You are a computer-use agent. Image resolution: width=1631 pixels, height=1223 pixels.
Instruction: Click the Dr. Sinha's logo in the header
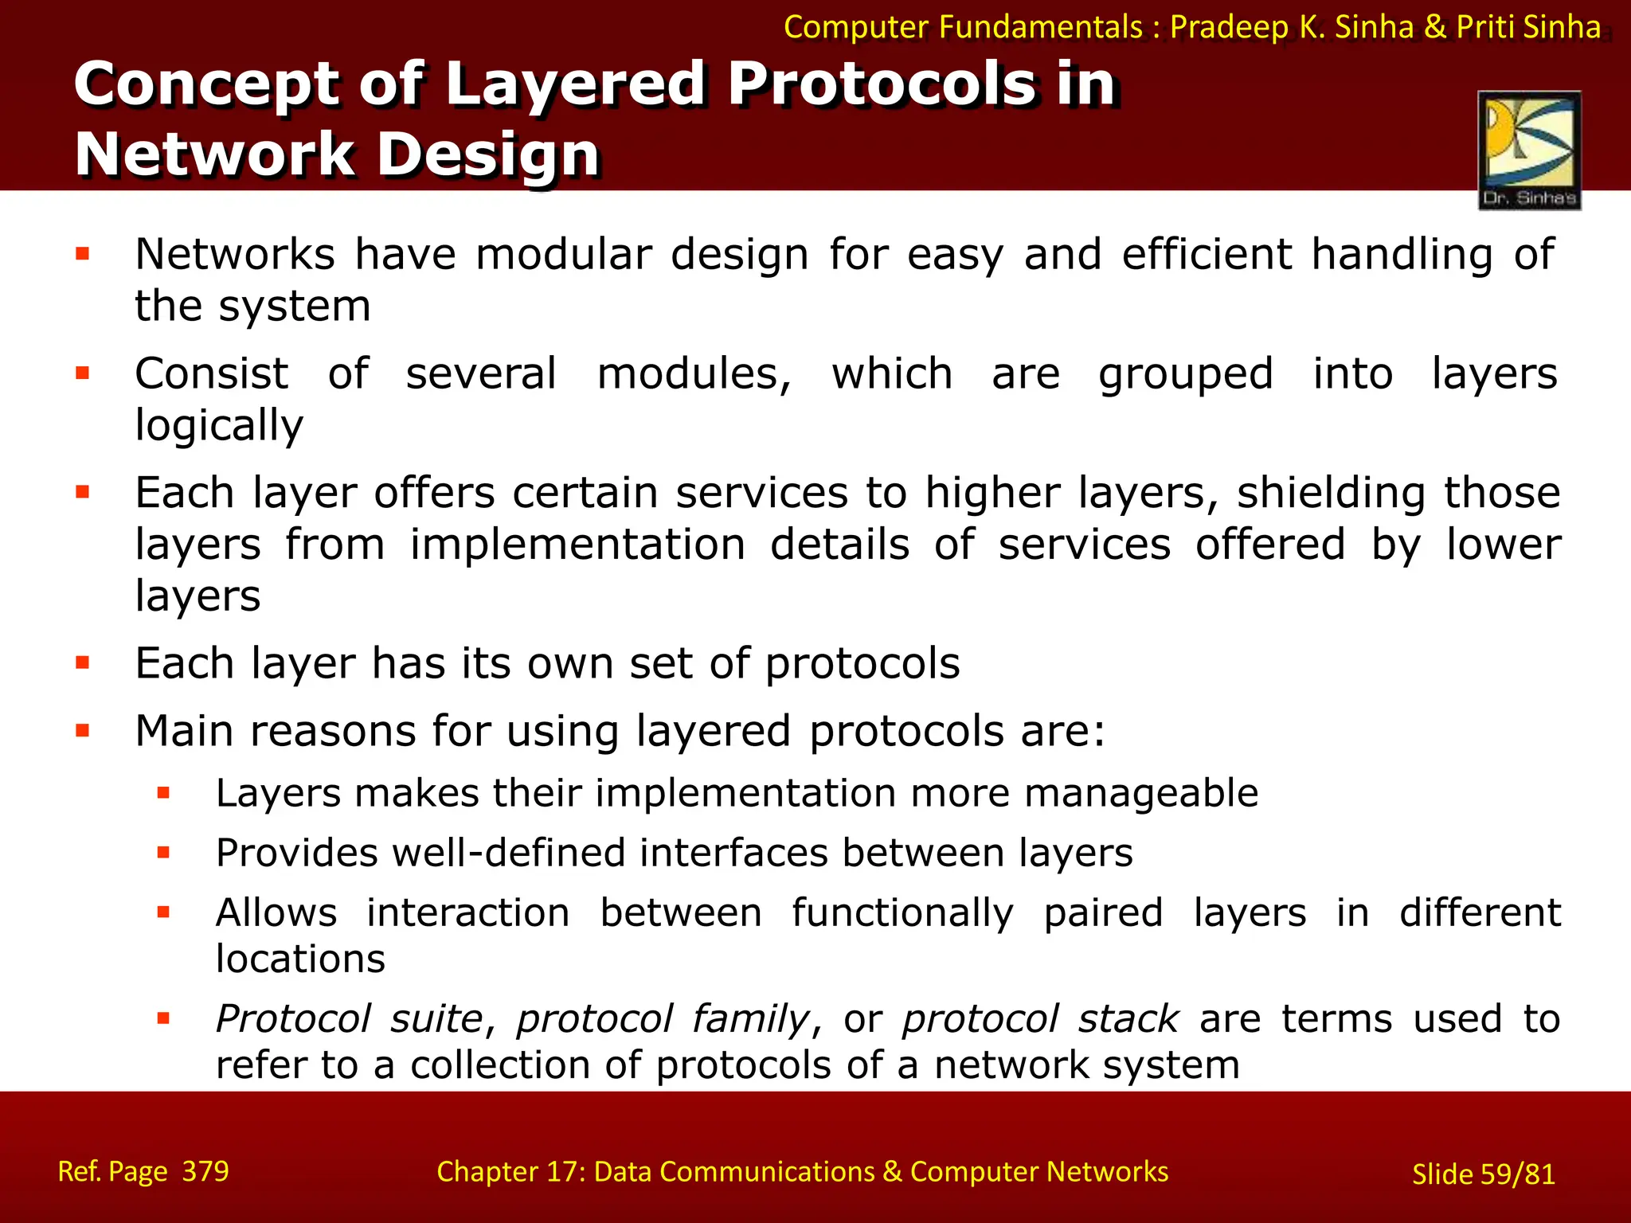1529,150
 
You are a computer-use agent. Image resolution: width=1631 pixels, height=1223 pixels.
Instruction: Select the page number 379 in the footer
205,1171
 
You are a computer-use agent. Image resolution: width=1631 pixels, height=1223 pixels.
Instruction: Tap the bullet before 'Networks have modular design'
83,255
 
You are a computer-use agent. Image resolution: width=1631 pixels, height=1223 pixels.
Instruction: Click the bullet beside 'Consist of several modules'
83,373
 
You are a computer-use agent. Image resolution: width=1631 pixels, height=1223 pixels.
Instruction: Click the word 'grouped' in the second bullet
1185,374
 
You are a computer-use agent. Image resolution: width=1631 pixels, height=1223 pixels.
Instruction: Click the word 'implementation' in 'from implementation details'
577,545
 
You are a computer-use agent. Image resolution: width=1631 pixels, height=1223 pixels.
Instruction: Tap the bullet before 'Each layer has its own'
83,662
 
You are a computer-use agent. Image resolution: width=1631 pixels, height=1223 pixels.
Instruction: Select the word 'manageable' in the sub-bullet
1140,794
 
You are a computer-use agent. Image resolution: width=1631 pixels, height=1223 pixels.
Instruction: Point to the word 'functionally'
902,912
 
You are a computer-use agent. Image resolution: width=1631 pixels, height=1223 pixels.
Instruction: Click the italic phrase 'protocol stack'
1039,1019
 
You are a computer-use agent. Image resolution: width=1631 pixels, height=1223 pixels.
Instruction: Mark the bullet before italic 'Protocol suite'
164,1018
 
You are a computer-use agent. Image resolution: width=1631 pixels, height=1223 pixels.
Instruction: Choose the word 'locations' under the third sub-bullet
300,959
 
